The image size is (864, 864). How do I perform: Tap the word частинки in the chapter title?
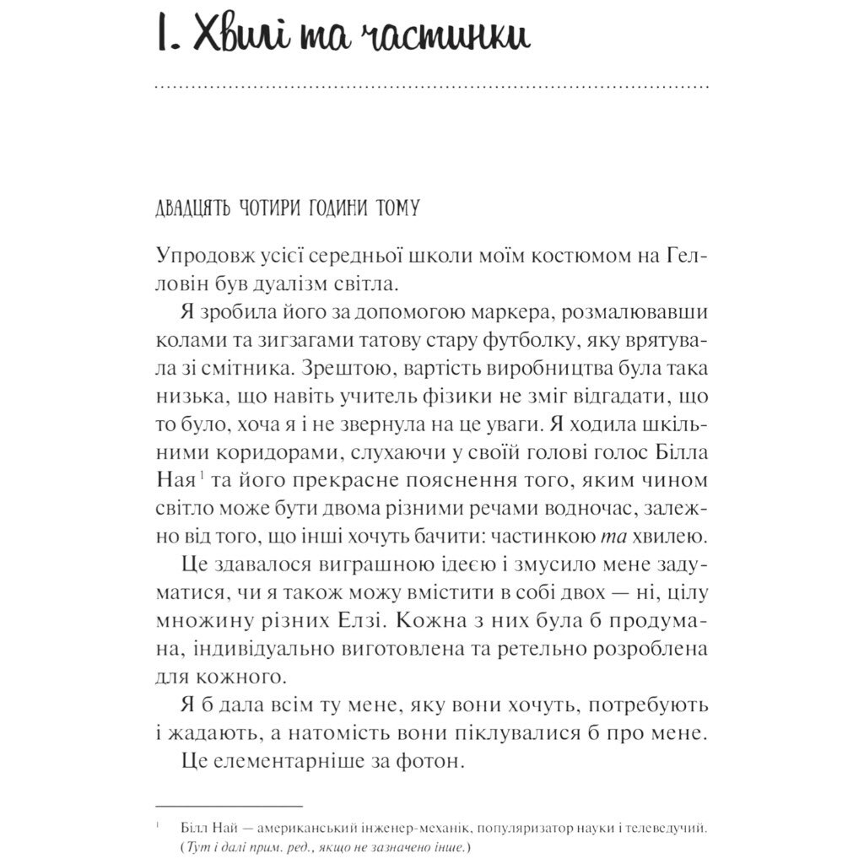(451, 38)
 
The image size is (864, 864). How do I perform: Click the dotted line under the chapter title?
(432, 87)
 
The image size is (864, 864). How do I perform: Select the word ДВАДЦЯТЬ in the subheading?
(191, 208)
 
